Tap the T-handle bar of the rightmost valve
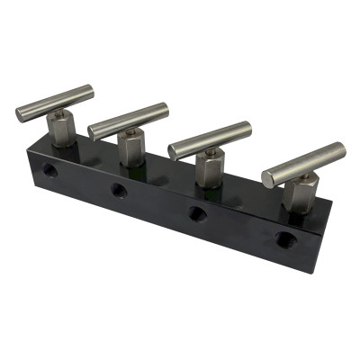(304, 163)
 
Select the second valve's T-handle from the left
(130, 121)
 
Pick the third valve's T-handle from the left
(210, 139)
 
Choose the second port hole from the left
(117, 189)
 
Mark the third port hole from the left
(195, 213)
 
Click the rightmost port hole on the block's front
(284, 239)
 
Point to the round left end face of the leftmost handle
(21, 114)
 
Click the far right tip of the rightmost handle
(343, 148)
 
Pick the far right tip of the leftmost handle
(92, 90)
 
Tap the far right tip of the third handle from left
(249, 127)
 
